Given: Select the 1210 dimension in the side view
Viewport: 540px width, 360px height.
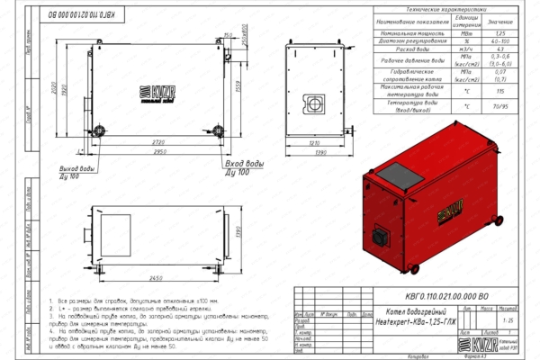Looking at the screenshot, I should [x=314, y=143].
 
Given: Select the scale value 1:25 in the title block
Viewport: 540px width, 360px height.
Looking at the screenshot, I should [x=510, y=319].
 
